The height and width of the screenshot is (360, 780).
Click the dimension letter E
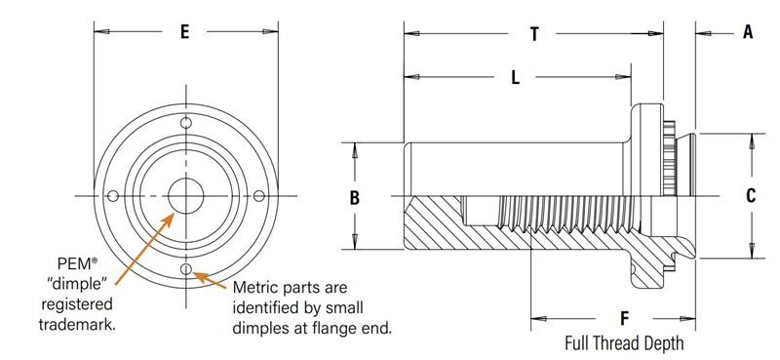click(x=184, y=32)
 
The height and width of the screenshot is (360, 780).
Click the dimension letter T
click(x=534, y=34)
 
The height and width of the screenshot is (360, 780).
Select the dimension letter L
click(x=516, y=77)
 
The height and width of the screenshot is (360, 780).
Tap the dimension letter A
click(x=748, y=32)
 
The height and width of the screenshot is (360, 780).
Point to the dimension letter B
click(x=354, y=198)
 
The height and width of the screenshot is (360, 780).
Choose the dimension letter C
click(x=751, y=196)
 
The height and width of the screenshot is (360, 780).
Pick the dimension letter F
click(x=625, y=318)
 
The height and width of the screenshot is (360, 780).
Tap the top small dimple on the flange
click(x=186, y=123)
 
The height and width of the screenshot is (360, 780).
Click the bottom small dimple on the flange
click(x=186, y=269)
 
